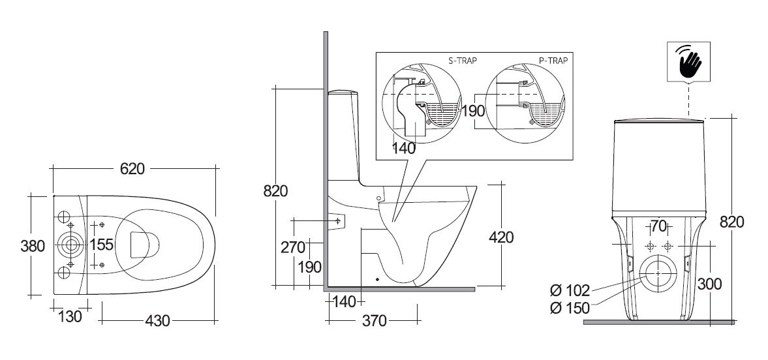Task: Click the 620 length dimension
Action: click(132, 168)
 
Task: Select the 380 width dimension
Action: click(33, 246)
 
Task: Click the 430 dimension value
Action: click(157, 320)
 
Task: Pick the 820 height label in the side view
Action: click(275, 192)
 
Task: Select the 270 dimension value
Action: click(294, 247)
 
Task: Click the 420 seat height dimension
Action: click(500, 237)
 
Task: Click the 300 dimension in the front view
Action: click(710, 283)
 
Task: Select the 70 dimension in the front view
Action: click(658, 227)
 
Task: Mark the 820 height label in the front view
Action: click(731, 222)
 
